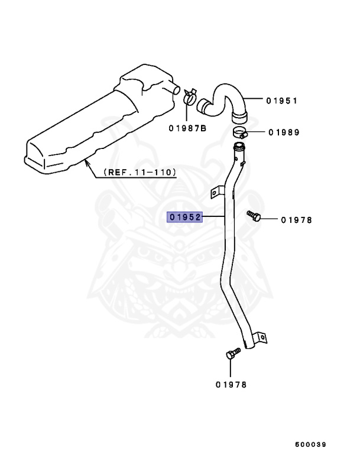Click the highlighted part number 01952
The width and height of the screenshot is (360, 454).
coord(185,217)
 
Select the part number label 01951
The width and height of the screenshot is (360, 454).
coord(281,100)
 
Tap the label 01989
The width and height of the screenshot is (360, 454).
coord(283,132)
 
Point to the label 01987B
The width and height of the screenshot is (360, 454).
coord(187,128)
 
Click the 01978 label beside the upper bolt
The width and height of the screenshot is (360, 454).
coord(296,220)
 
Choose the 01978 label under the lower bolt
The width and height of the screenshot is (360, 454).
coord(231,384)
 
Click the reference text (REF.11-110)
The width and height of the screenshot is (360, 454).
coord(140,172)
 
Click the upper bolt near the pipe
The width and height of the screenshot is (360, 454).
coord(254,216)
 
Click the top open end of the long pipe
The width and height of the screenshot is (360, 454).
coord(240,145)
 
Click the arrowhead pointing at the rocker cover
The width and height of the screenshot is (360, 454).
coord(87,161)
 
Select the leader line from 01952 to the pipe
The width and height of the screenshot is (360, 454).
coord(215,217)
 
